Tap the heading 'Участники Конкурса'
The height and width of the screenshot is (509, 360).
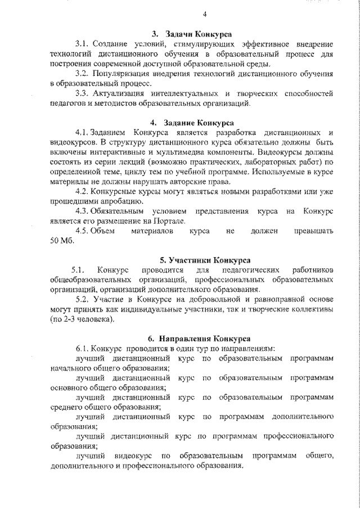205,260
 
